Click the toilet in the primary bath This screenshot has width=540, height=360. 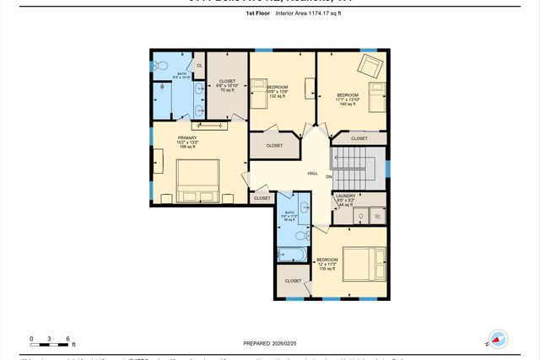pyautogui.click(x=163, y=66)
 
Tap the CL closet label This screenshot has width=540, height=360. pyautogui.click(x=199, y=66)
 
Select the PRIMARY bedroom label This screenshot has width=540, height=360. pyautogui.click(x=186, y=137)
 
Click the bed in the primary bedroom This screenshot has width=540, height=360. pyautogui.click(x=197, y=178)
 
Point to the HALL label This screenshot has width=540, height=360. pyautogui.click(x=312, y=173)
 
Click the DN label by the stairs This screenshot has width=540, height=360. pyautogui.click(x=330, y=177)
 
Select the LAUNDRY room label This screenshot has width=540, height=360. pyautogui.click(x=346, y=196)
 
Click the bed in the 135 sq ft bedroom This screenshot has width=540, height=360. pyautogui.click(x=364, y=264)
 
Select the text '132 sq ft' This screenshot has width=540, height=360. pyautogui.click(x=278, y=96)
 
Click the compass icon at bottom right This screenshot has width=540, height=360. pyautogui.click(x=497, y=339)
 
